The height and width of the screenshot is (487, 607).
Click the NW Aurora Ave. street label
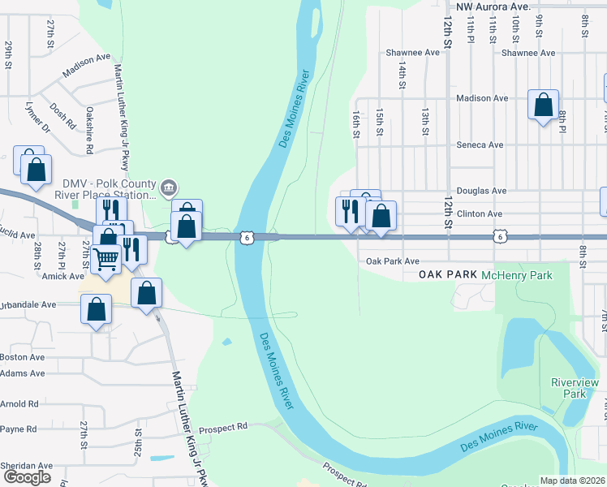(x=493, y=6)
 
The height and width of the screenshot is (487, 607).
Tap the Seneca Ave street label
(x=480, y=145)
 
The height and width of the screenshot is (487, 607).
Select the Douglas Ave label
(x=481, y=192)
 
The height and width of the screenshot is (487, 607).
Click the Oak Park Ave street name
(x=392, y=261)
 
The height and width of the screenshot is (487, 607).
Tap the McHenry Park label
(x=516, y=276)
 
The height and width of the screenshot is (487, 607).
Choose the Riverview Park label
(x=568, y=388)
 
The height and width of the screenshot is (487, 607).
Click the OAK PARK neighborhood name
(x=447, y=276)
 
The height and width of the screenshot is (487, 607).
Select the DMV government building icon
(x=168, y=187)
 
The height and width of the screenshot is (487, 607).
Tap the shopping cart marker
(x=106, y=259)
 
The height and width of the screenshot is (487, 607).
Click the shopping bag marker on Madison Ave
(x=543, y=105)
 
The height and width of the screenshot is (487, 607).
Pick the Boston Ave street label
(x=23, y=357)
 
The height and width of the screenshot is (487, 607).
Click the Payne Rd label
(x=19, y=429)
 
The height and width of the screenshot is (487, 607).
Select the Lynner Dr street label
(x=37, y=118)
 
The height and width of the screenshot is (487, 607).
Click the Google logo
(x=27, y=477)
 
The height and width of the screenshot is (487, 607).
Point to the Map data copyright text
(x=572, y=481)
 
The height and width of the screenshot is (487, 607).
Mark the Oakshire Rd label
(x=90, y=130)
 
